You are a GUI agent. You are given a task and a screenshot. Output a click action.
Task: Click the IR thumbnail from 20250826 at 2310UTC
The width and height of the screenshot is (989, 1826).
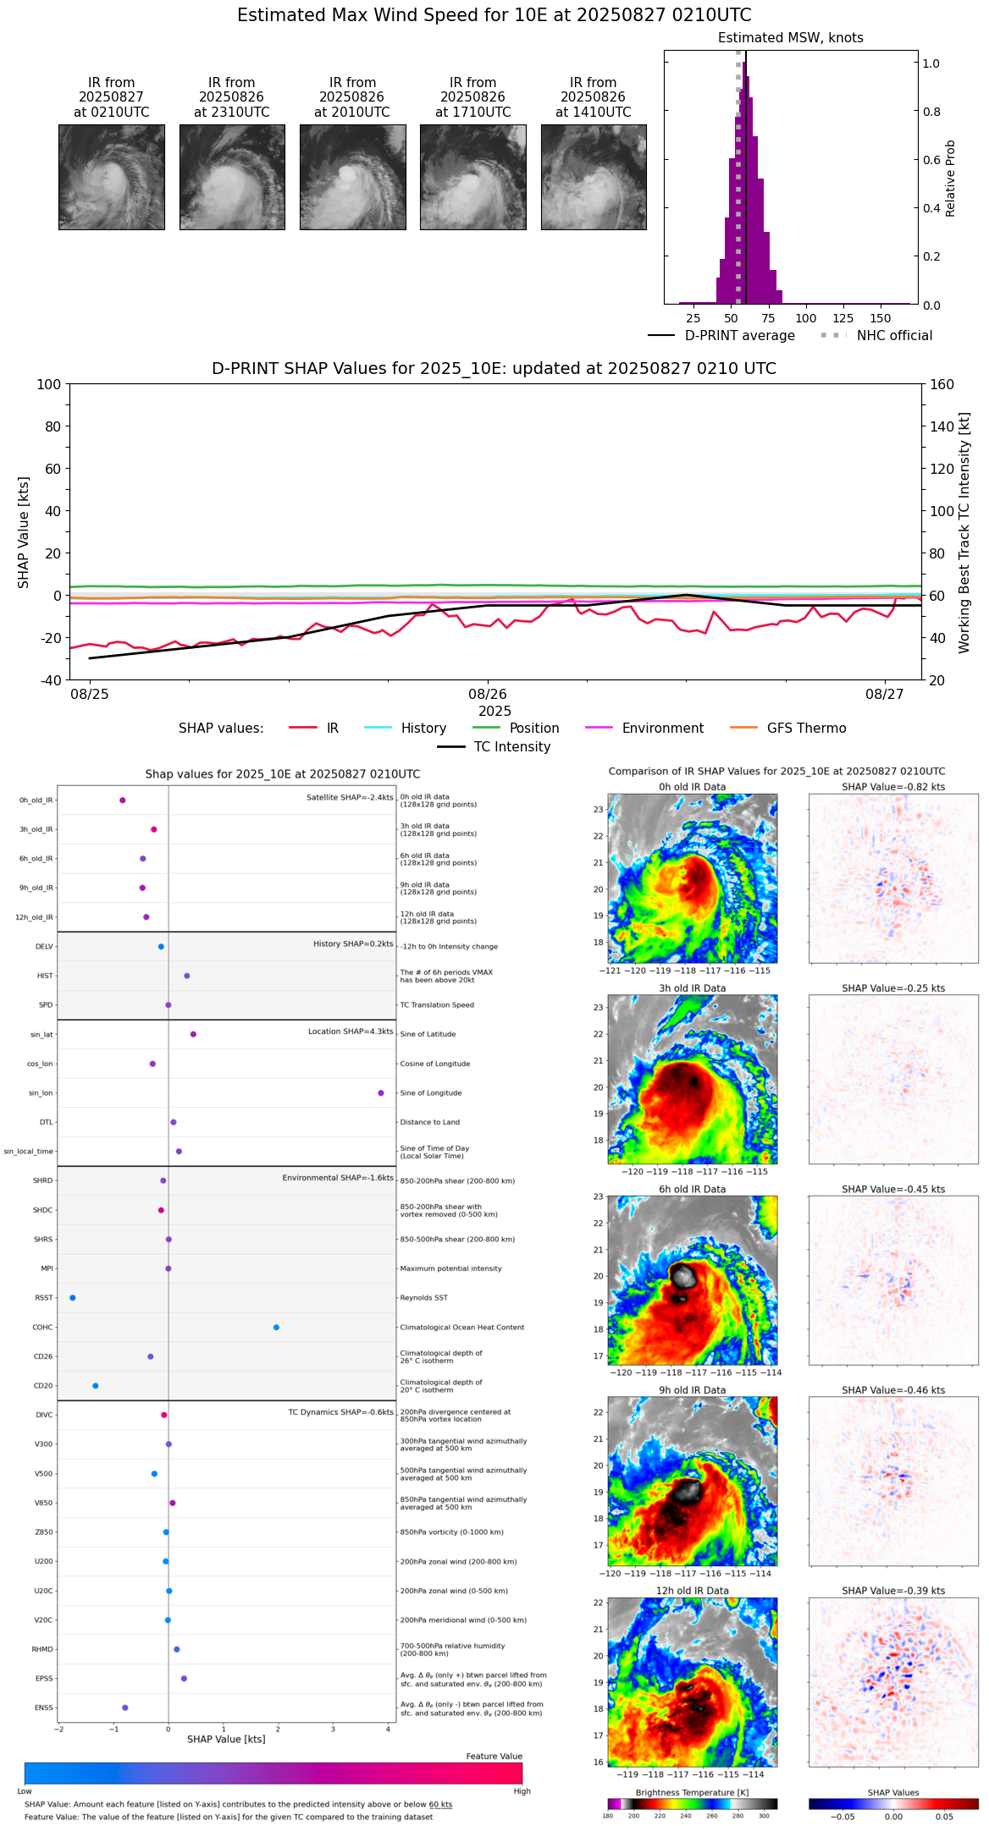232,177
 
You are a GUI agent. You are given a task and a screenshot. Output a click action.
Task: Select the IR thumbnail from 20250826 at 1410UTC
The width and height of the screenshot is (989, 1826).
594,177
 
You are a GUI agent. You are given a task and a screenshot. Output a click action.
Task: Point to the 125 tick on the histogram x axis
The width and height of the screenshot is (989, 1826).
843,319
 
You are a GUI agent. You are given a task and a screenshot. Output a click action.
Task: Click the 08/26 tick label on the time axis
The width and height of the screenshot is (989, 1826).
488,695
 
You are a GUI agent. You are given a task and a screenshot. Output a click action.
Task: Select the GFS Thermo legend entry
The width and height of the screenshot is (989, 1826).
806,729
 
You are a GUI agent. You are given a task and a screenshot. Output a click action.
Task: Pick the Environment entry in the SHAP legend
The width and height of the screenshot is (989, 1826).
662,729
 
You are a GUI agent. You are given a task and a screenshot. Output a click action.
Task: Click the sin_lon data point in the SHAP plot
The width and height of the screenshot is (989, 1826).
381,1093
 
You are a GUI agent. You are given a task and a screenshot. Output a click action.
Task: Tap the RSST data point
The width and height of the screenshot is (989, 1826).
73,1298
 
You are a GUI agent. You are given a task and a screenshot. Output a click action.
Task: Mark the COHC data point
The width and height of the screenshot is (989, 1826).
277,1328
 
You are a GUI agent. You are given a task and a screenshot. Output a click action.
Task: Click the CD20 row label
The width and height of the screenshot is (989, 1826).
43,1386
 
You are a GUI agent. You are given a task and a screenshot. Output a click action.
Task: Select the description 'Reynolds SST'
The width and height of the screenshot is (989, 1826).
424,1298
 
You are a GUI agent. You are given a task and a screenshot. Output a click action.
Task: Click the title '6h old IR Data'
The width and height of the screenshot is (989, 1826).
692,1189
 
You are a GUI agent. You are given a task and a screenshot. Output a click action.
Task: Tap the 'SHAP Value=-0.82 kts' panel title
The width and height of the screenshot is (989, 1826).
893,787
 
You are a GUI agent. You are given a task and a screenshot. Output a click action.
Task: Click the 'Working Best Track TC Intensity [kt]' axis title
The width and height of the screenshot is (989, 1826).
964,533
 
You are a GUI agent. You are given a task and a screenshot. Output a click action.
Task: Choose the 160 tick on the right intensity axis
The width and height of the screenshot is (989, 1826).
942,384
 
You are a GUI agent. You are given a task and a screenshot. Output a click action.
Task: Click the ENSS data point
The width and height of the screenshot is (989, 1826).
125,1708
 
